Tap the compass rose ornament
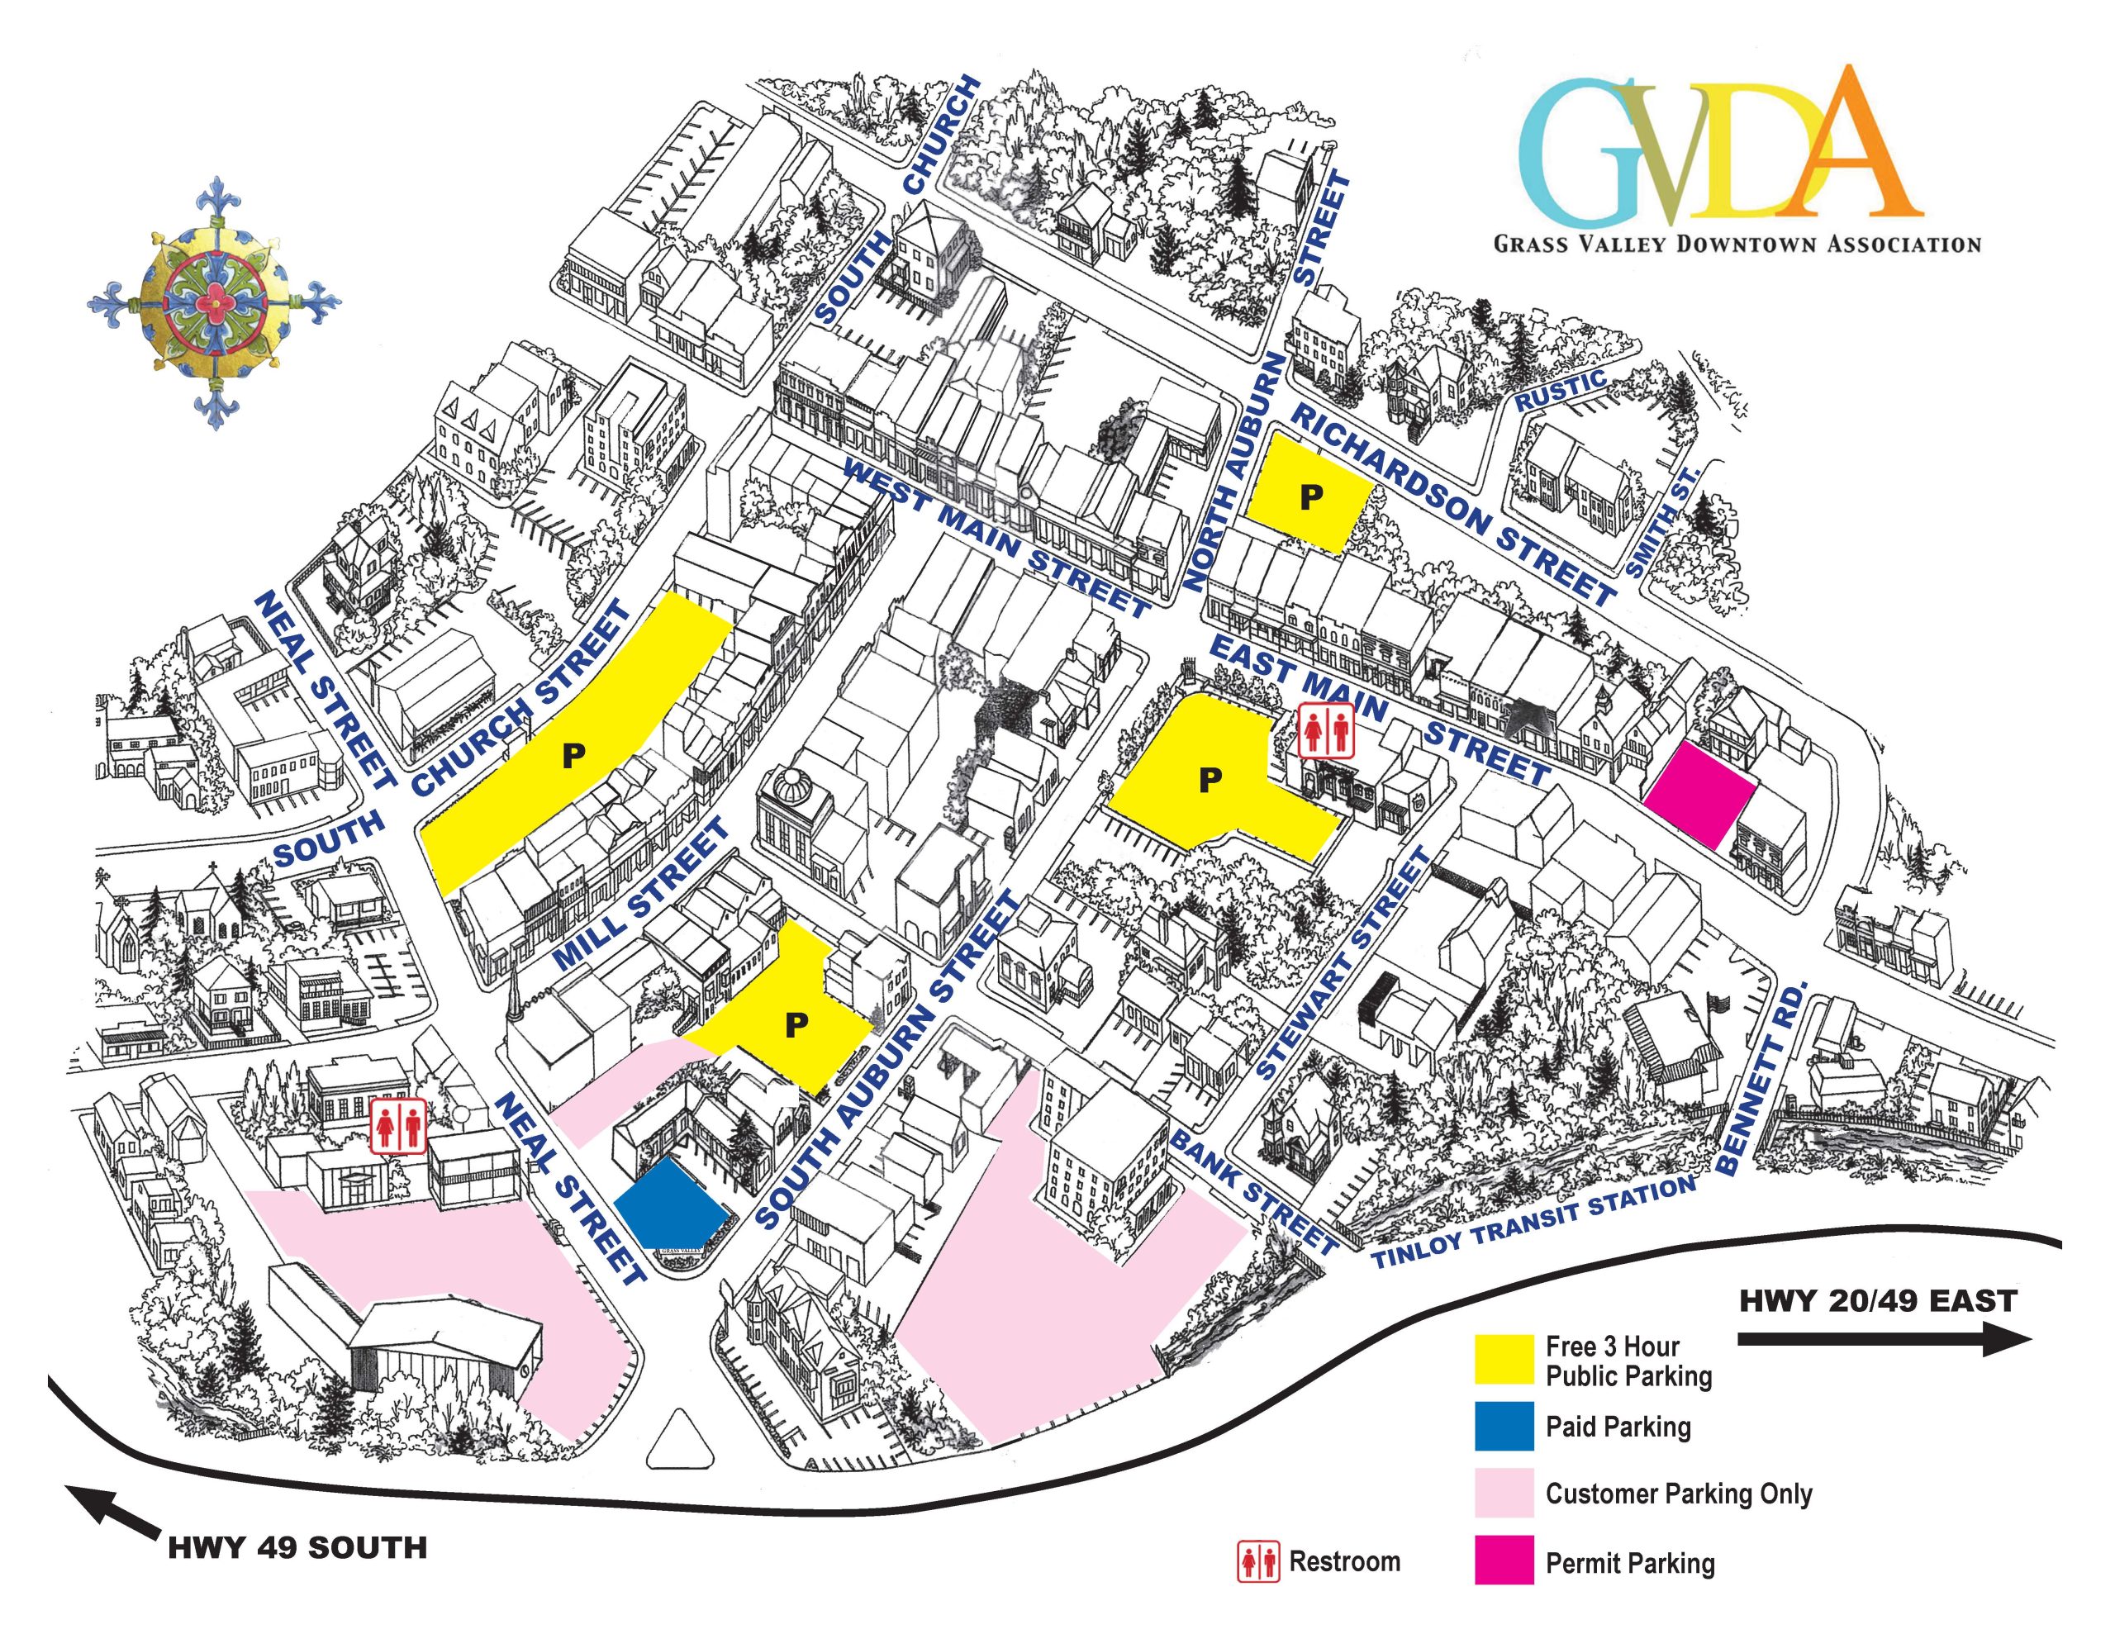(214, 302)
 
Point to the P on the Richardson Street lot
(1311, 496)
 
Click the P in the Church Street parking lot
(574, 756)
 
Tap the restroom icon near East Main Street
(1326, 731)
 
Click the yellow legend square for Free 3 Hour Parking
(1503, 1360)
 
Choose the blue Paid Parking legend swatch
(1503, 1427)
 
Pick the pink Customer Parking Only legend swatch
(1503, 1493)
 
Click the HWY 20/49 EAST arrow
(1884, 1342)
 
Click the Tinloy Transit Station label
(1534, 1223)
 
